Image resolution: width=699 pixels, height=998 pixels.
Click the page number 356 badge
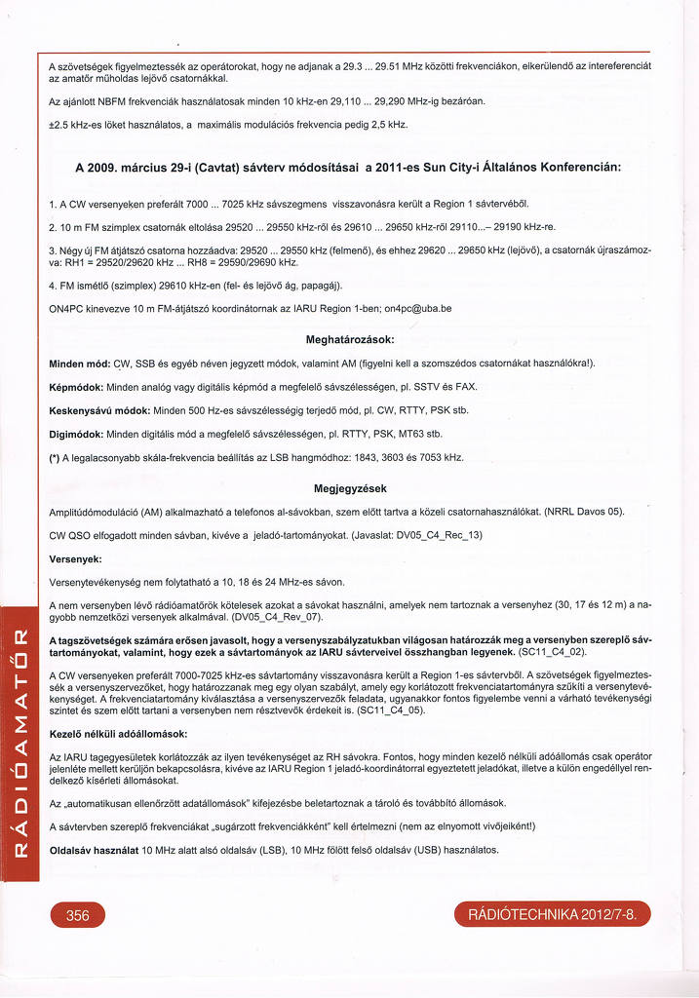click(x=78, y=916)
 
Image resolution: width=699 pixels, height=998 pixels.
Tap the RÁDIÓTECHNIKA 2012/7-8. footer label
click(x=552, y=916)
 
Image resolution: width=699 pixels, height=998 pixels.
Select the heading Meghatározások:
click(x=349, y=339)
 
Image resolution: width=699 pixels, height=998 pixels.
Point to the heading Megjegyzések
click(x=350, y=488)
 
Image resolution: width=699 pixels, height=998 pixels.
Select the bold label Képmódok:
click(x=78, y=387)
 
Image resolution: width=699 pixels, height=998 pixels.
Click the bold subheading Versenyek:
click(x=75, y=559)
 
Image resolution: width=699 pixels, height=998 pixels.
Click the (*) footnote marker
click(x=55, y=457)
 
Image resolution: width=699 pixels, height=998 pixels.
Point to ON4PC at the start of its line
click(x=65, y=309)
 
